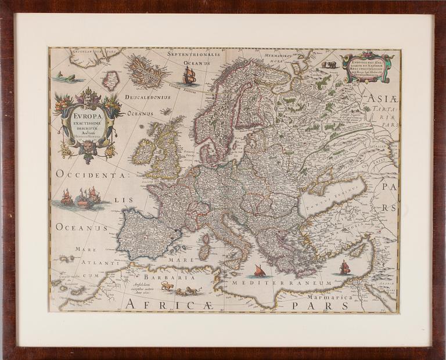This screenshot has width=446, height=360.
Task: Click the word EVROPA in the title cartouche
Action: coord(87,115)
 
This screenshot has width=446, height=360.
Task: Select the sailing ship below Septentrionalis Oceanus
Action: coord(189,75)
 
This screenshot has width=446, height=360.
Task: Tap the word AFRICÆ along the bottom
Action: coord(156,304)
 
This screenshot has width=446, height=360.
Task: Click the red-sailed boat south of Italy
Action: coord(259,271)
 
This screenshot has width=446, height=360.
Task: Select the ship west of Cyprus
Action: coord(345,267)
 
